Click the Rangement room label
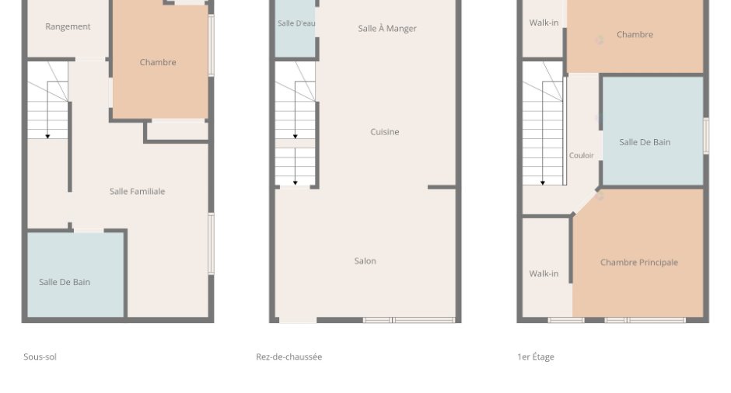click(68, 26)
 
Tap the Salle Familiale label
click(137, 191)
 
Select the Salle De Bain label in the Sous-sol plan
click(65, 282)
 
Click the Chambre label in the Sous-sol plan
click(158, 62)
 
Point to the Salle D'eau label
click(296, 23)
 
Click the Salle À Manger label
click(387, 29)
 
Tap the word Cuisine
click(385, 132)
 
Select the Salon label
click(365, 261)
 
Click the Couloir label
click(582, 155)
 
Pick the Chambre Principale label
click(639, 263)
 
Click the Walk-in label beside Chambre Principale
click(544, 273)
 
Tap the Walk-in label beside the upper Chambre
click(544, 23)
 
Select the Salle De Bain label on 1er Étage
click(645, 142)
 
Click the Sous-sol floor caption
click(40, 356)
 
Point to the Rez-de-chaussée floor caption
click(289, 356)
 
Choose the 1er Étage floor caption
click(536, 356)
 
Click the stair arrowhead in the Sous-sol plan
click(47, 137)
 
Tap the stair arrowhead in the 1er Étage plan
click(543, 183)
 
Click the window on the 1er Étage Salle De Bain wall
click(706, 135)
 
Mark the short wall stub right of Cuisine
click(442, 187)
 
